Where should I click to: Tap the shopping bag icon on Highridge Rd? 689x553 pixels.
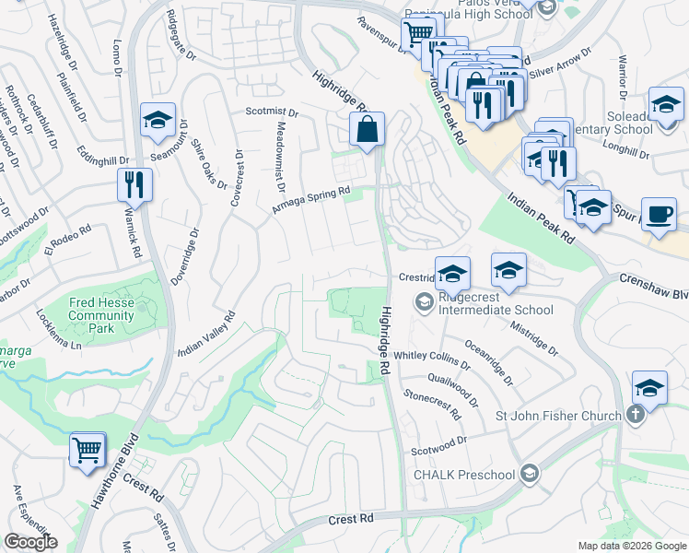(x=367, y=131)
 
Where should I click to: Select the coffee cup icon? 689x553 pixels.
(x=658, y=214)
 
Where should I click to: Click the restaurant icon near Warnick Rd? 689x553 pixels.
(x=134, y=185)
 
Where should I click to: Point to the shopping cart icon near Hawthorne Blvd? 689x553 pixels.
(x=88, y=452)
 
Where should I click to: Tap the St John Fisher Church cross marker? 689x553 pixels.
(x=635, y=416)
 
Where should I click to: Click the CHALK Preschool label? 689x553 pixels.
(x=464, y=475)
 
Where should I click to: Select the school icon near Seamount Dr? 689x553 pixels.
(x=158, y=121)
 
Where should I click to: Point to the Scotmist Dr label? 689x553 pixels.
(x=272, y=113)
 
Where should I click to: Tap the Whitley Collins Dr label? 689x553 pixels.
(x=432, y=356)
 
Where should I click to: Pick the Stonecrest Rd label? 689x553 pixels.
(x=431, y=406)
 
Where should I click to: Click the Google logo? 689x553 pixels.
(x=30, y=542)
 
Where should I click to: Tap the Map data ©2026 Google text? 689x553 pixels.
(x=632, y=546)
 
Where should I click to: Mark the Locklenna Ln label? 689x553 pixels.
(x=59, y=339)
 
